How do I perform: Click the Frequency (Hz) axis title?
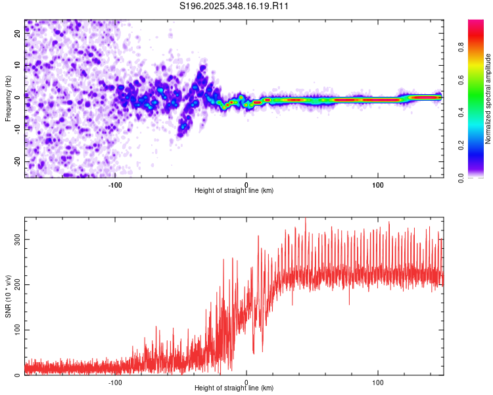click(x=8, y=99)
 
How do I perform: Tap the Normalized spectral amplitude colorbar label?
click(x=488, y=99)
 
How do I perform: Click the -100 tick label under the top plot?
click(x=116, y=184)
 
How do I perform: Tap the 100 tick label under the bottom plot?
click(x=378, y=382)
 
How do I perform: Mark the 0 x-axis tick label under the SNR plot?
click(x=246, y=382)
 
